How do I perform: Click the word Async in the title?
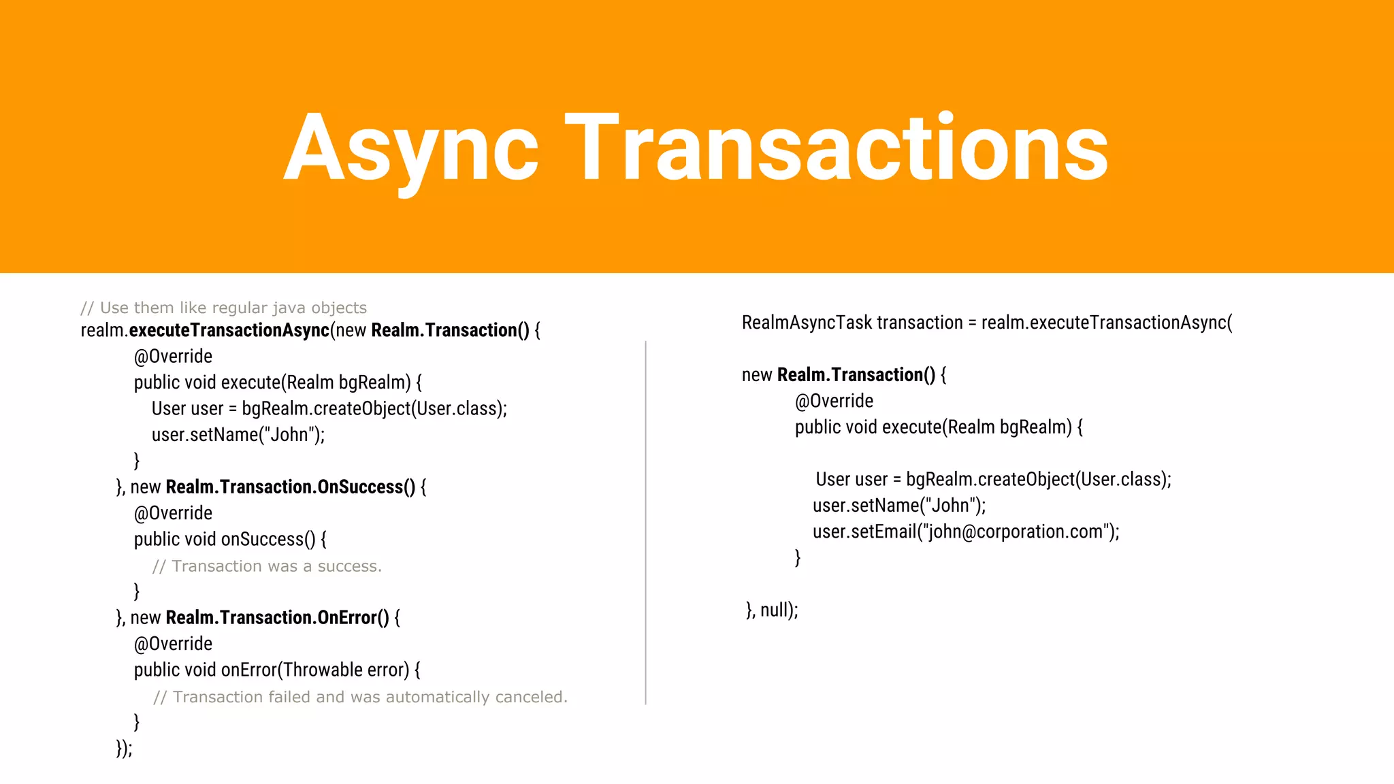411,148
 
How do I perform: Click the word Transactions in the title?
837,148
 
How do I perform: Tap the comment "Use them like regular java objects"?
224,308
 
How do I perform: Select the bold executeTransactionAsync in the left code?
229,330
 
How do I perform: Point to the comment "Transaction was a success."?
267,566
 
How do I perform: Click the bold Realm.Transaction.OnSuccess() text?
291,487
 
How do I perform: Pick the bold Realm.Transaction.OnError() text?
278,617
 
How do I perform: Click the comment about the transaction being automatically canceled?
360,697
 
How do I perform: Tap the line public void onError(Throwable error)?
277,670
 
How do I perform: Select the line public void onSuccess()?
230,539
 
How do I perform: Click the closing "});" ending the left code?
124,748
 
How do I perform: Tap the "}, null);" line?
772,610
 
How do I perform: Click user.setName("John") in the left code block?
238,434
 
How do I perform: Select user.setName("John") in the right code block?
899,506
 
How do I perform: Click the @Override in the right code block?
834,401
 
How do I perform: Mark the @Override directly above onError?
173,644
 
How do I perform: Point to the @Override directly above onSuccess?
173,513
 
